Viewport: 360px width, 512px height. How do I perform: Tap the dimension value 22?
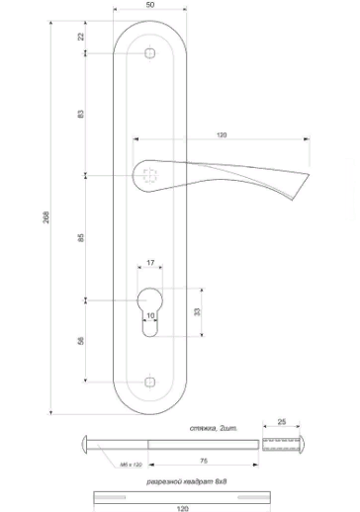pos(81,37)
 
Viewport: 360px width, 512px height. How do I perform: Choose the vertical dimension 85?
pos(81,237)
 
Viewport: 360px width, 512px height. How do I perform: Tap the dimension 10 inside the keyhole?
pos(149,316)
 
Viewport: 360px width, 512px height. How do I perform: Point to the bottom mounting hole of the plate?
pos(148,380)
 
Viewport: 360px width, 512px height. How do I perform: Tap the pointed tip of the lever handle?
pos(310,176)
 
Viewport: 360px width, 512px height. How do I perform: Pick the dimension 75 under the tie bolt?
pos(202,461)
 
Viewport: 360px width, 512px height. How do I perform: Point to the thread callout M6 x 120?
pos(130,463)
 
